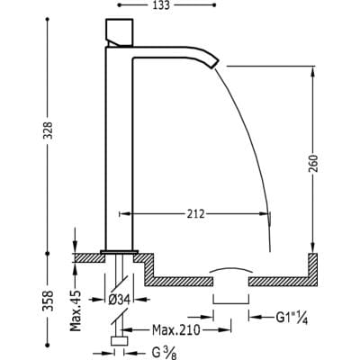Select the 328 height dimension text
pos(49,130)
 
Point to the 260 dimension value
pos(313,164)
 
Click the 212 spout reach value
pos(195,214)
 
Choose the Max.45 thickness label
pos(76,310)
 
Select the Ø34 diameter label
pos(119,299)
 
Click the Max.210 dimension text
pos(176,330)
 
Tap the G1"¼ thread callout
pos(292,318)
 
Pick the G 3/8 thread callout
pos(164,353)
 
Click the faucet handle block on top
pos(120,32)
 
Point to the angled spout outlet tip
pos(215,63)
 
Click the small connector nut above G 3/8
pos(120,342)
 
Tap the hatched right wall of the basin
pos(313,269)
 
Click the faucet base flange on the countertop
pos(120,251)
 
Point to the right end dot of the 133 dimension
pos(214,4)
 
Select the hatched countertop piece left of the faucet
pos(89,258)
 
